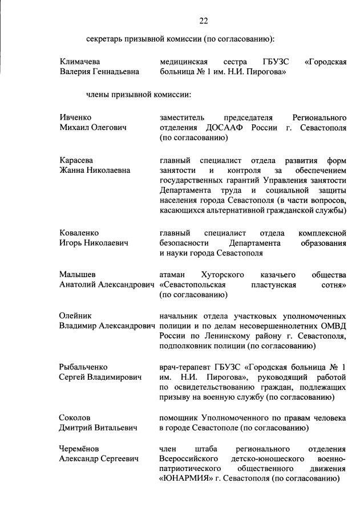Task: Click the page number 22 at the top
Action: (204, 21)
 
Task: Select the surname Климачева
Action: (81, 62)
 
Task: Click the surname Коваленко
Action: (79, 233)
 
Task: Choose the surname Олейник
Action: (76, 315)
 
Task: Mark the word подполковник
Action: (186, 346)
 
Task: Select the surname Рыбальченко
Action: (83, 367)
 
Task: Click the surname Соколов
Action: (75, 418)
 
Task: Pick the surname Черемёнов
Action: (80, 449)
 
